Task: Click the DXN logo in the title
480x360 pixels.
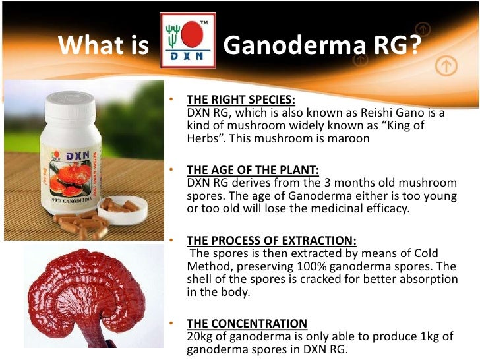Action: [x=188, y=40]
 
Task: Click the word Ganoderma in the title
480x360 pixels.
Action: [x=292, y=47]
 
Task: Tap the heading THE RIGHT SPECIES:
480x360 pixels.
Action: [x=241, y=100]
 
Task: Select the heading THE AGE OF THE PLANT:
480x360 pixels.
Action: [x=253, y=170]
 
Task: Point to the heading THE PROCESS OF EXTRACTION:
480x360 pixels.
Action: [x=272, y=241]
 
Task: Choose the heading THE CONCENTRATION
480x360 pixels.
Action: [x=247, y=323]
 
